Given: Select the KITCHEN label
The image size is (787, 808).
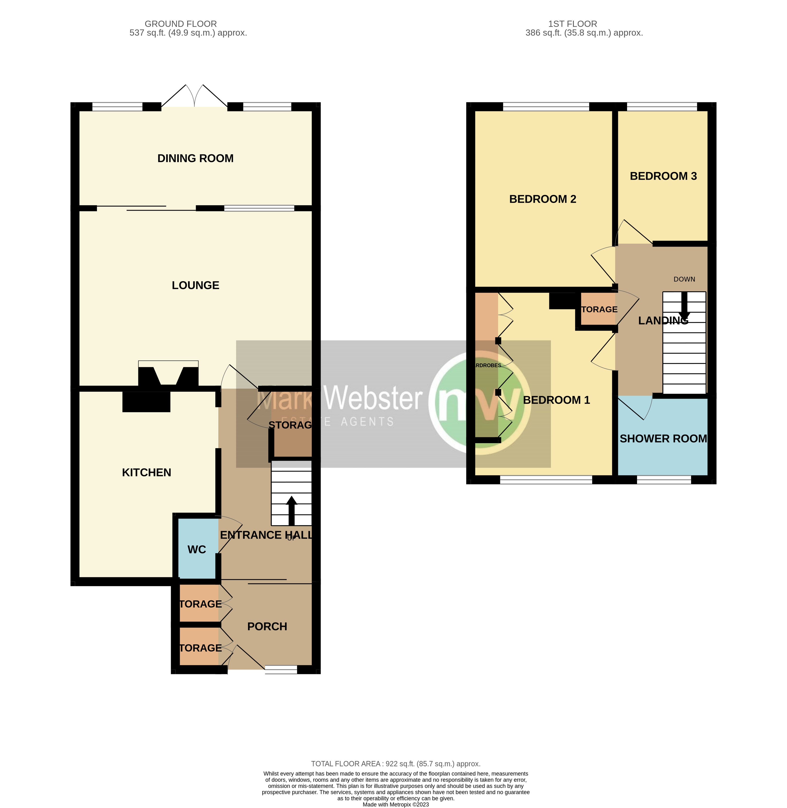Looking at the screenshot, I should click(x=146, y=473).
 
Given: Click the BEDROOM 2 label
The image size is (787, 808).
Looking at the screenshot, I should click(x=542, y=199).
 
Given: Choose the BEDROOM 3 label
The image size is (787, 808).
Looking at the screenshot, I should click(x=663, y=176).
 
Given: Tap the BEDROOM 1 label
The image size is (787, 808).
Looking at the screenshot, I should click(x=556, y=400).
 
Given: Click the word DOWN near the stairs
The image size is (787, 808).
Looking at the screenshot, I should click(x=684, y=279).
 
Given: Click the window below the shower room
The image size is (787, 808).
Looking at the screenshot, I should click(x=663, y=480).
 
